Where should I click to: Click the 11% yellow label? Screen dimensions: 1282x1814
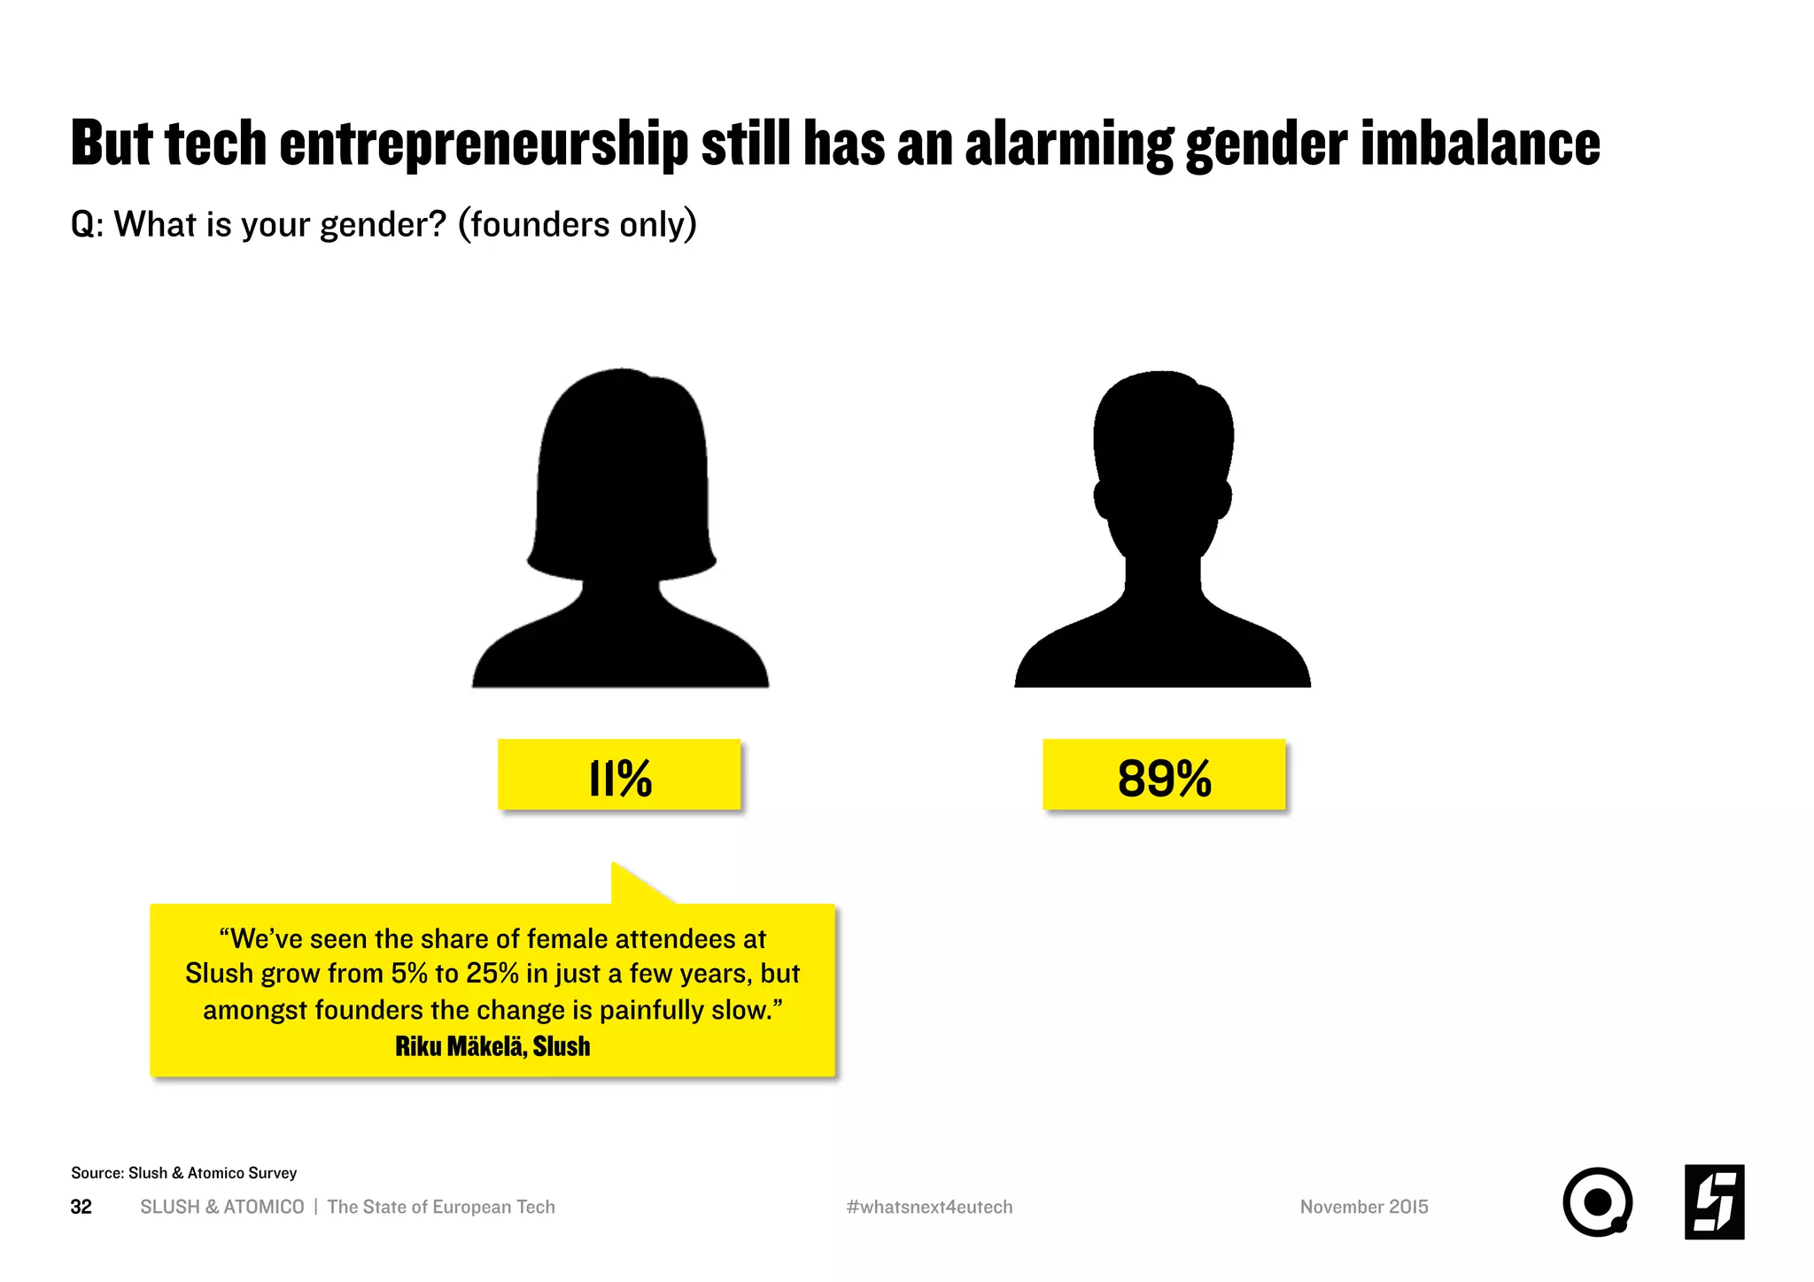click(619, 775)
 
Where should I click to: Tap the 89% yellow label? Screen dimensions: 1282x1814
click(1163, 775)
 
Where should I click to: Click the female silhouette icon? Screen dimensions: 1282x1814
click(620, 532)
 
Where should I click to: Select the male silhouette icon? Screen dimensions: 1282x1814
click(1162, 532)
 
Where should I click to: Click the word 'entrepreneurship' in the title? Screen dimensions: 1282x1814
click(484, 144)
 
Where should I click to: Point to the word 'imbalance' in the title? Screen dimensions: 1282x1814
click(1480, 144)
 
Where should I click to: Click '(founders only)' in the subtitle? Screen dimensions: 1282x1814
click(577, 225)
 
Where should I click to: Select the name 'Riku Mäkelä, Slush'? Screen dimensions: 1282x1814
click(492, 1046)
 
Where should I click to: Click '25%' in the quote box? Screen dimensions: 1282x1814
click(492, 974)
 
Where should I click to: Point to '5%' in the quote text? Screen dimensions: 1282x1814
click(409, 974)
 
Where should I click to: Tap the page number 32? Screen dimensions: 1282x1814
click(81, 1207)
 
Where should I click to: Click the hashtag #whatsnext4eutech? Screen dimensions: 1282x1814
click(929, 1207)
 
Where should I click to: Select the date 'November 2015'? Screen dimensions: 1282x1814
click(1364, 1207)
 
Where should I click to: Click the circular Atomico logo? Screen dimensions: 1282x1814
click(1597, 1202)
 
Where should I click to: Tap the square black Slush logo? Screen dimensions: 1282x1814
click(1714, 1202)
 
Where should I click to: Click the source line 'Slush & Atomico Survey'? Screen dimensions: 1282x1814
click(213, 1173)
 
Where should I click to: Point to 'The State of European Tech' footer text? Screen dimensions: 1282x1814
click(441, 1207)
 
